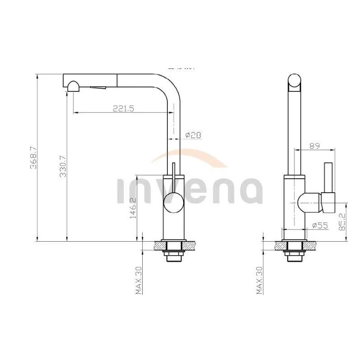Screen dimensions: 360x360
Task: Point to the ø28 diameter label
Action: coord(193,135)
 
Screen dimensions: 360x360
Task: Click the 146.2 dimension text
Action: coord(132,208)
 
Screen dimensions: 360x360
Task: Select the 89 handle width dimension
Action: coord(315,145)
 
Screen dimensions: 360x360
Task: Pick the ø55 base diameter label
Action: coord(319,225)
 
